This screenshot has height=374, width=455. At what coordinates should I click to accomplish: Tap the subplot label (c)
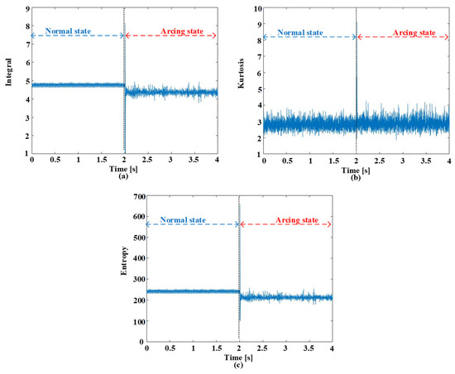point(238,365)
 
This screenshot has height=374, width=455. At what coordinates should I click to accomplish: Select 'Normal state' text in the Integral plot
point(66,30)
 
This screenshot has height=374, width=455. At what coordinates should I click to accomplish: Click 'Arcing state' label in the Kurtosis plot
point(413,32)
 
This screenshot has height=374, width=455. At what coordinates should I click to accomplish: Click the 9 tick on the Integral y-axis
point(26,8)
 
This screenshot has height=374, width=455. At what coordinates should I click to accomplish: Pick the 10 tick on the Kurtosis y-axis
point(256,8)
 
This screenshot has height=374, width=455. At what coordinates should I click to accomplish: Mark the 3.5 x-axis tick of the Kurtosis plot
point(425,161)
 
